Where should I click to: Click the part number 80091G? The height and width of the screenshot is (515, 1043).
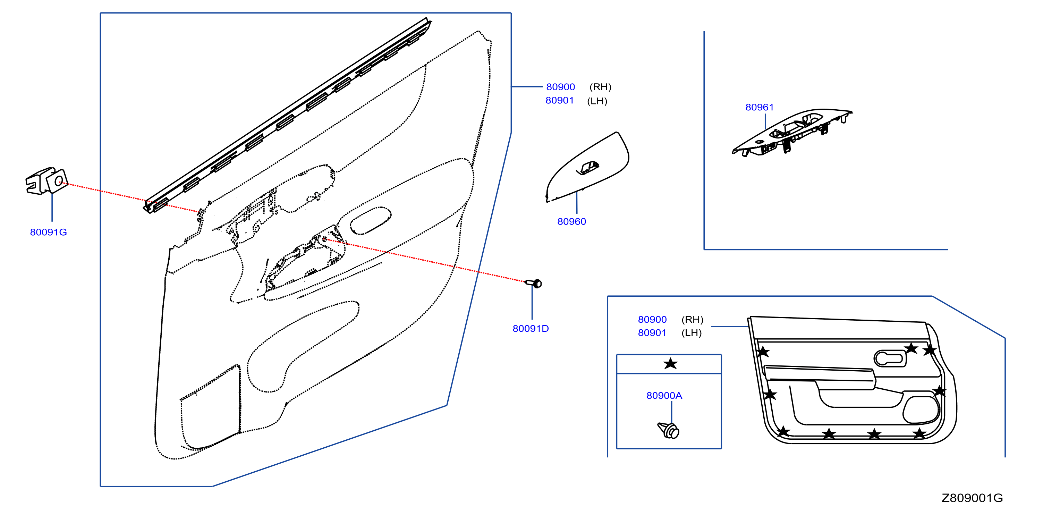(48, 232)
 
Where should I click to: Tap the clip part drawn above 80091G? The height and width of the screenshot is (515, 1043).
(46, 180)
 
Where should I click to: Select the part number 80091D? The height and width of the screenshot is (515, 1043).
(531, 328)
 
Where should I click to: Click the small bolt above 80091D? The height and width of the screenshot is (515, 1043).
(533, 283)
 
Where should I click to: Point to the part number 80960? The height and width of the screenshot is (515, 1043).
(571, 221)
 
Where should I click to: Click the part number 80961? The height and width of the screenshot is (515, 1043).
(759, 107)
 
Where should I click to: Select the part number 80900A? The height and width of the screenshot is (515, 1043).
(664, 396)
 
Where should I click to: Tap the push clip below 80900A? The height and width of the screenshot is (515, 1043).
(669, 430)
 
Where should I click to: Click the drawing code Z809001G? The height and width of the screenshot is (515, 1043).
(972, 498)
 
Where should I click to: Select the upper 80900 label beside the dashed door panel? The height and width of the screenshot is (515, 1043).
(560, 87)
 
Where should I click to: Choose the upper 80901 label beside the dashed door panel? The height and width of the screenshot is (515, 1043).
(560, 100)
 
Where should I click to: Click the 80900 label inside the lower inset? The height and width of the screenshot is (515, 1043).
(652, 319)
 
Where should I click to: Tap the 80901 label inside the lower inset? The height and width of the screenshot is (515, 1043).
(652, 333)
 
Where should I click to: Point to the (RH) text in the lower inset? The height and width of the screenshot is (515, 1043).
(692, 319)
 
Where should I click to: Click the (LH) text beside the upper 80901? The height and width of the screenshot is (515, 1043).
(597, 101)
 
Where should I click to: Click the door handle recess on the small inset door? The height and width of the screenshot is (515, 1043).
(890, 358)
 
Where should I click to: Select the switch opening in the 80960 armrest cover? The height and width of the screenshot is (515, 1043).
(587, 168)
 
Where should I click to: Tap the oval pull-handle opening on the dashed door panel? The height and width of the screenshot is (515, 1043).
(371, 221)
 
